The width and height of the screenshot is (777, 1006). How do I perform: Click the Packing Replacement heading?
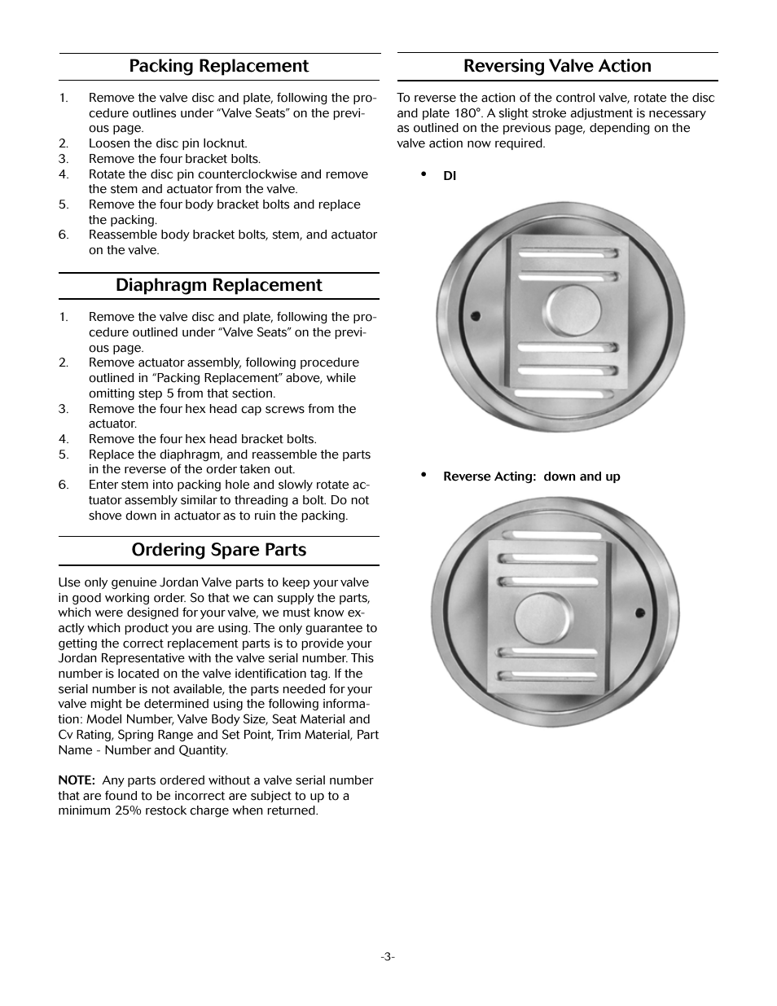click(218, 66)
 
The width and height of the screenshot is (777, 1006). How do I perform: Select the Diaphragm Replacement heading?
click(218, 285)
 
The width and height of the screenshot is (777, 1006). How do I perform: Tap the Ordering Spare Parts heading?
click(218, 550)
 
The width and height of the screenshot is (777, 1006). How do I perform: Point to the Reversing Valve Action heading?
click(557, 66)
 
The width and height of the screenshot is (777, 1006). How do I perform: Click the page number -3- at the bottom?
click(388, 956)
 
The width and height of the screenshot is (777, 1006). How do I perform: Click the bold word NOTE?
click(77, 780)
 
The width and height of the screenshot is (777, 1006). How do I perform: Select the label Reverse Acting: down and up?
click(531, 477)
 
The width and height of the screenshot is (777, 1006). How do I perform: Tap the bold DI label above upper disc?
click(450, 176)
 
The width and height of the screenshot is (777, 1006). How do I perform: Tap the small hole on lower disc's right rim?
click(640, 612)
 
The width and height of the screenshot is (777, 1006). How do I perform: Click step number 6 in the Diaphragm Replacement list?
click(64, 485)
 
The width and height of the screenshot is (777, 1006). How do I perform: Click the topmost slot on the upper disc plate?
click(566, 253)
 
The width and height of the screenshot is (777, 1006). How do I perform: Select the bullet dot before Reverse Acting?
click(424, 474)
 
